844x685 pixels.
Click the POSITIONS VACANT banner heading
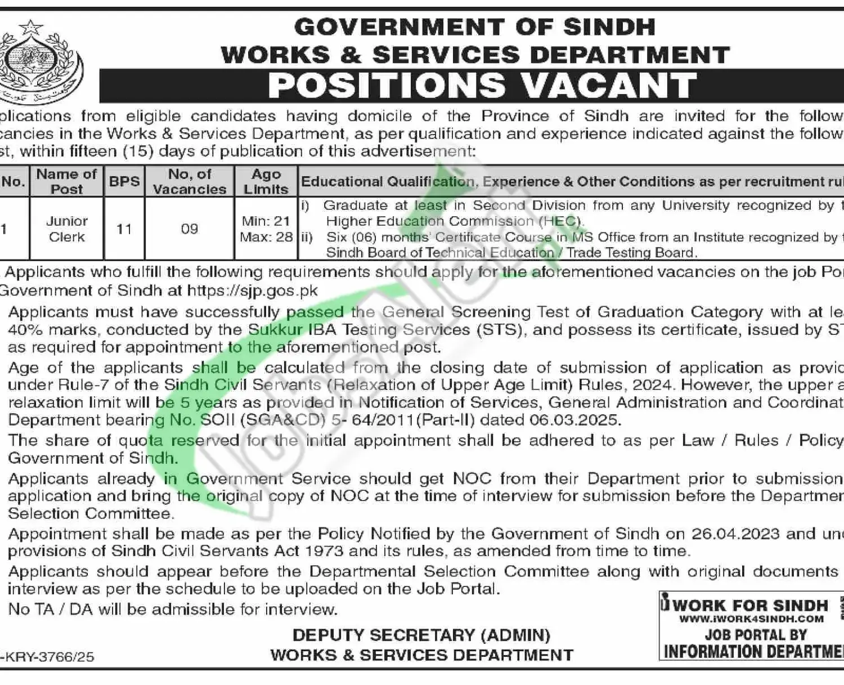[482, 86]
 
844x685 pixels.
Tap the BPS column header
[124, 181]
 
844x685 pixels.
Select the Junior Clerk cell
[67, 229]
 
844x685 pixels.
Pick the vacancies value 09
[190, 229]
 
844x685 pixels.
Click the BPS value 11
[124, 229]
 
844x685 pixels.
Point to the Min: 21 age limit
[266, 221]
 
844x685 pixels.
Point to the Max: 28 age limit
[266, 237]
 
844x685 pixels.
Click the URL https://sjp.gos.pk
[252, 290]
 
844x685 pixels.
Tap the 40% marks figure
[24, 329]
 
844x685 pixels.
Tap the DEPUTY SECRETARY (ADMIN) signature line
[421, 635]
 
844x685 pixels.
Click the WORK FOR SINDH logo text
[750, 606]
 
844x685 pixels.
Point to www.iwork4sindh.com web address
[751, 619]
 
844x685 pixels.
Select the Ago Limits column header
[266, 181]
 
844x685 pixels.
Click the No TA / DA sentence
[173, 609]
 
